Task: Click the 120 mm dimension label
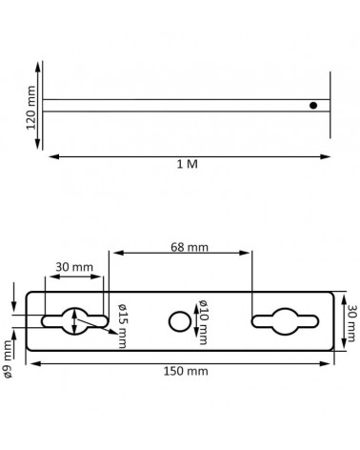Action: (30, 108)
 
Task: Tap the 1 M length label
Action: (188, 164)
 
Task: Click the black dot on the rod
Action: (313, 106)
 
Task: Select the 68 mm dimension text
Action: (190, 247)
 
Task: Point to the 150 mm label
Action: (186, 371)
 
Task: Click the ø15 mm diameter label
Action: (123, 326)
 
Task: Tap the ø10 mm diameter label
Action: (203, 321)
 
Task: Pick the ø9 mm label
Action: (8, 359)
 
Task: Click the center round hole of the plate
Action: (180, 321)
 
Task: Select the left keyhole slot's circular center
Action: (74, 321)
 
